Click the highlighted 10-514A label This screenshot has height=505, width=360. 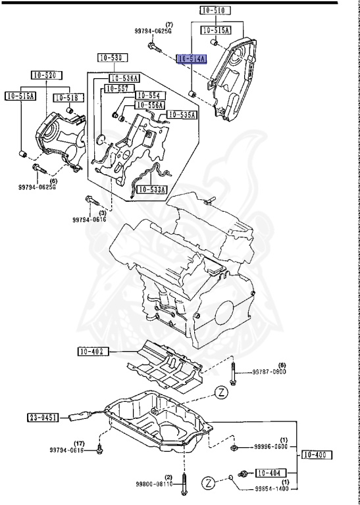[192, 59]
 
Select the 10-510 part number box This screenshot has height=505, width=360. [215, 10]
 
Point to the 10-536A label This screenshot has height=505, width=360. [124, 78]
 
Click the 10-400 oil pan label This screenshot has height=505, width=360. [317, 454]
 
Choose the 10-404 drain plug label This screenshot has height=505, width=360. [270, 472]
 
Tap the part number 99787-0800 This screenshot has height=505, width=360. [270, 372]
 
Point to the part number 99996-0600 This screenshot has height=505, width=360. [271, 446]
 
